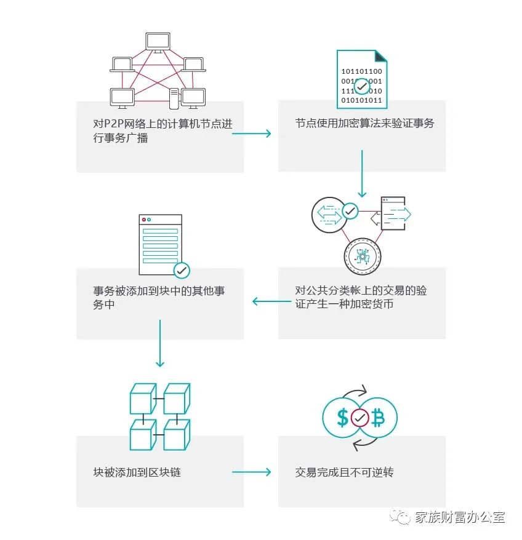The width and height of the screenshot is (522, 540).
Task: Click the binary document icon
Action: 362,79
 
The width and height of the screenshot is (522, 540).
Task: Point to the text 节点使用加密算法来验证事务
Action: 364,123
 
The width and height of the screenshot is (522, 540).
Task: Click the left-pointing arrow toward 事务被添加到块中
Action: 271,301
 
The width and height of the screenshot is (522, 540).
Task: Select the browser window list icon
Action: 161,245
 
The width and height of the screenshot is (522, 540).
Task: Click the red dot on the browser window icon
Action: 144,219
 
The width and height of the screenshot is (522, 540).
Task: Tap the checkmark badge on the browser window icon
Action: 182,269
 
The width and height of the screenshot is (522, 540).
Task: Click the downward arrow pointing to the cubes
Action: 160,343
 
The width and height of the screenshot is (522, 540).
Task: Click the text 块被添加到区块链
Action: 137,472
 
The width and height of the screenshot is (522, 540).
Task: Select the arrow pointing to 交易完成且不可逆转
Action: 251,472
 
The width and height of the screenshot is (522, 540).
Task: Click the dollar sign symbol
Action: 342,419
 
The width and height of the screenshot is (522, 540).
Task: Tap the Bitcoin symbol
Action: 378,419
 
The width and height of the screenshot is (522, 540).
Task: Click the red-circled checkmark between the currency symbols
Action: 360,419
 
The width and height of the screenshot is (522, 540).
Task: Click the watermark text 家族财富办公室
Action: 459,517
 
